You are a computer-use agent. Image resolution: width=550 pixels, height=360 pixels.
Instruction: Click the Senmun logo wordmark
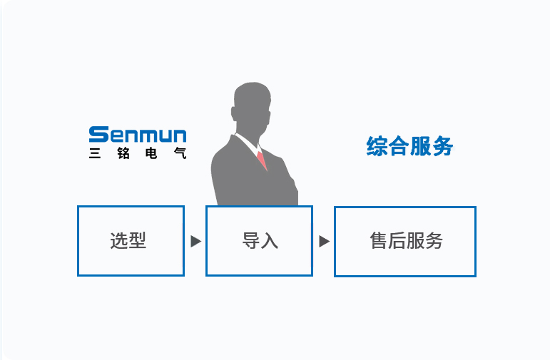(x=138, y=135)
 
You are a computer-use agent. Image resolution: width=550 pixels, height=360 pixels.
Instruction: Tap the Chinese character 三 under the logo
(x=95, y=153)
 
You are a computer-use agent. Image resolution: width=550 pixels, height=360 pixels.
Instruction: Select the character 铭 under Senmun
(x=123, y=153)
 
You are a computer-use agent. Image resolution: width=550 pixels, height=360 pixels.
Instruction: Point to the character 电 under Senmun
(x=151, y=153)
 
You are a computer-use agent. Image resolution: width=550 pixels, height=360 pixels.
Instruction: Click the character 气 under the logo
(x=180, y=153)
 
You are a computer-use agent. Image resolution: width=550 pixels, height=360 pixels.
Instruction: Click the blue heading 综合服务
(x=409, y=146)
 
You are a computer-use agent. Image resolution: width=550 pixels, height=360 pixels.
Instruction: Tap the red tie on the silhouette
(x=262, y=160)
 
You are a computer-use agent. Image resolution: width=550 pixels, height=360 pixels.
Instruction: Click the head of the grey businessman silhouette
(x=252, y=107)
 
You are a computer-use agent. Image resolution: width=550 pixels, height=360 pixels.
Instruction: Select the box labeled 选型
(x=131, y=241)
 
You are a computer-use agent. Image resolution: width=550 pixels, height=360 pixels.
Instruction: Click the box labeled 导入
(x=259, y=241)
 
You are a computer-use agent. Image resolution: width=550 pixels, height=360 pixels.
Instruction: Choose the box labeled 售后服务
(x=405, y=242)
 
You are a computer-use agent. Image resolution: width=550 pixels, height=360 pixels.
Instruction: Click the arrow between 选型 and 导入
(x=195, y=241)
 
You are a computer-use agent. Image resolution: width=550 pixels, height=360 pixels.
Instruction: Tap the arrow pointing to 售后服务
(x=324, y=241)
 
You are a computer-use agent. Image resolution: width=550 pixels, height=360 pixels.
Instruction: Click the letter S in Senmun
(x=99, y=135)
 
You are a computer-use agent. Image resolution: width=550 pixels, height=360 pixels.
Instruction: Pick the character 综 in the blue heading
(x=377, y=146)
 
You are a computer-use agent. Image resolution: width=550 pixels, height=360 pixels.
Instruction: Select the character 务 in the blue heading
(x=443, y=146)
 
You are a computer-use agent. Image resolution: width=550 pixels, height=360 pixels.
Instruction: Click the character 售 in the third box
(x=379, y=241)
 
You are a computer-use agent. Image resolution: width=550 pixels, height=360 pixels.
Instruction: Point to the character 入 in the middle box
(x=270, y=241)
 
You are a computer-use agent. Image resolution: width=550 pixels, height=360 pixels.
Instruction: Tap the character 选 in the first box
(x=119, y=241)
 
